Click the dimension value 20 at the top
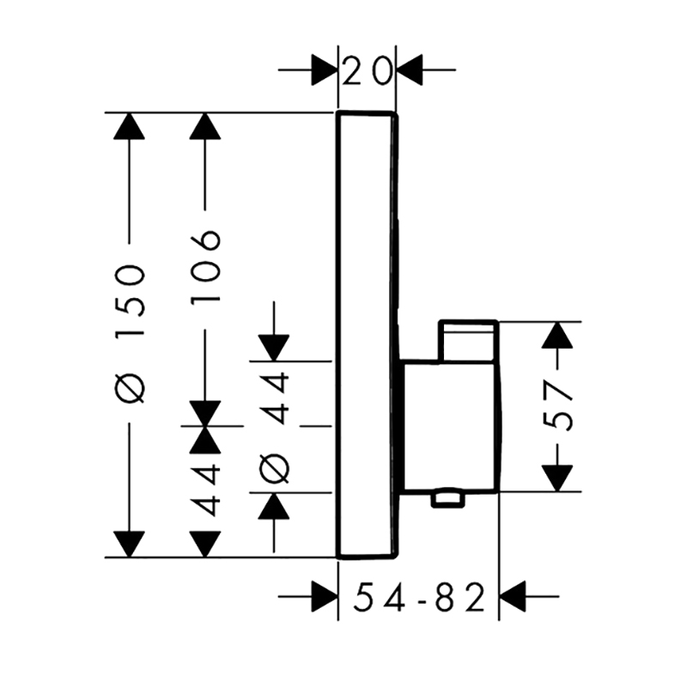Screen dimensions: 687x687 coord(366,70)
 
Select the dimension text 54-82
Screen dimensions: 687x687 coord(419,597)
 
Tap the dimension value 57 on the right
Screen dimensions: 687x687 coord(557,406)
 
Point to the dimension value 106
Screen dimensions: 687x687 coord(205,266)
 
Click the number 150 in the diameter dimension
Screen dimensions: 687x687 coord(130,300)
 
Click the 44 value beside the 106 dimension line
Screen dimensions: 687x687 coord(205,489)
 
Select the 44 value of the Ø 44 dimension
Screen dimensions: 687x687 coord(274,398)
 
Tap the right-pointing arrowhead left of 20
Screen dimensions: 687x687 coord(325,70)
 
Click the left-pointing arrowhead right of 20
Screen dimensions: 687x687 coord(410,70)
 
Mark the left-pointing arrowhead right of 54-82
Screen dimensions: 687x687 coord(512,597)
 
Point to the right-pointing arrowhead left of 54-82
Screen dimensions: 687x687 coord(325,597)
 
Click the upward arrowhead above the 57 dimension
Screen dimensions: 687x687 coord(557,335)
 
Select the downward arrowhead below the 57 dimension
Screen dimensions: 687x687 coord(557,478)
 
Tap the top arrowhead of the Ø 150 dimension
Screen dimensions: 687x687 coord(130,126)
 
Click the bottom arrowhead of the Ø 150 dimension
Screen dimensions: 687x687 coord(130,544)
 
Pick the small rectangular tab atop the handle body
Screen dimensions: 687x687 coord(469,342)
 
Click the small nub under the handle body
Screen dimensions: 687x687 coord(447,500)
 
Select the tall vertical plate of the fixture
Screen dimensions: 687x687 coord(368,336)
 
